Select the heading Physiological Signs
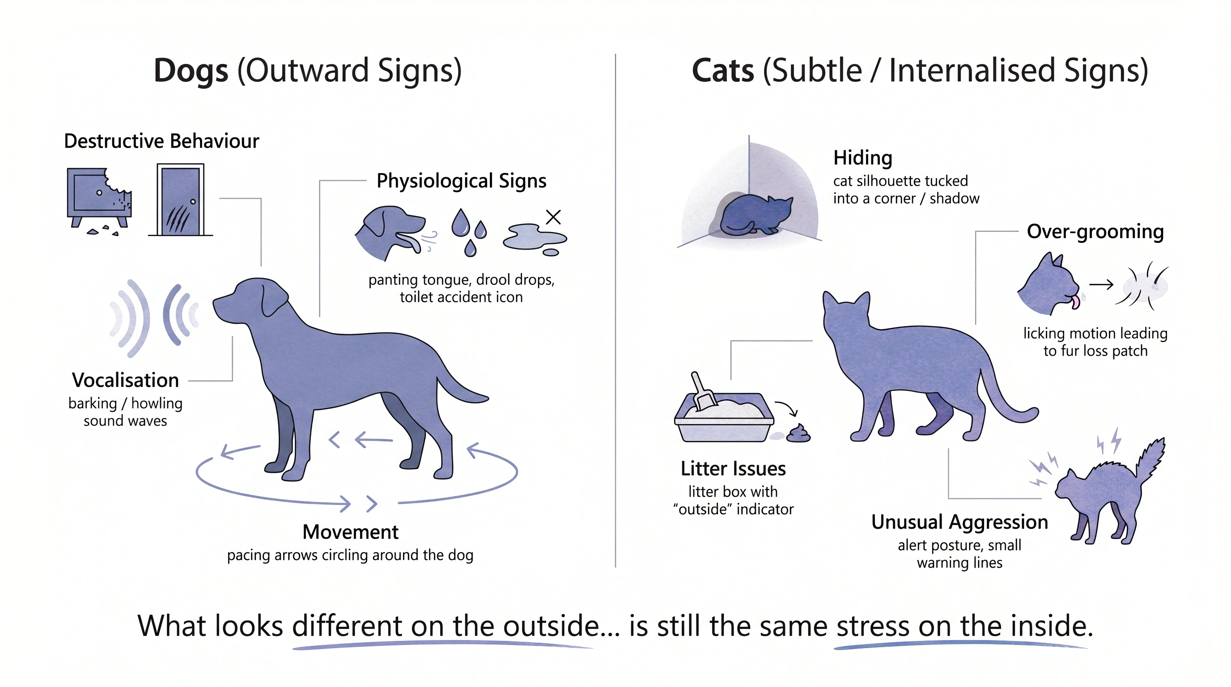pyautogui.click(x=461, y=181)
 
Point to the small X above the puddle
pyautogui.click(x=553, y=217)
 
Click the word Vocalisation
pyautogui.click(x=126, y=380)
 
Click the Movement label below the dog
pyautogui.click(x=350, y=532)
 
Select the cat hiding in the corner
pyautogui.click(x=755, y=216)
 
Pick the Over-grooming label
pyautogui.click(x=1095, y=232)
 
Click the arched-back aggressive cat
pyautogui.click(x=1109, y=492)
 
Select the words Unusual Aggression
pyautogui.click(x=959, y=522)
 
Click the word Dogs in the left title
pyautogui.click(x=191, y=71)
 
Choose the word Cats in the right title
pyautogui.click(x=722, y=71)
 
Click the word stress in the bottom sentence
pyautogui.click(x=873, y=626)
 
